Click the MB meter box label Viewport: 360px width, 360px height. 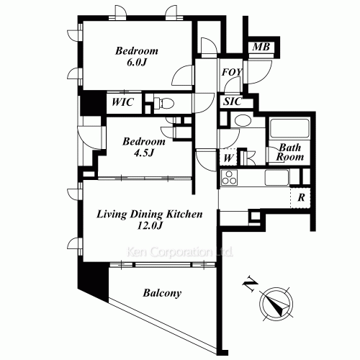(x=261, y=47)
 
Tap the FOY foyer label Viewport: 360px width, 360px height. (x=232, y=72)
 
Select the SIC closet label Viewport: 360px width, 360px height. (x=233, y=102)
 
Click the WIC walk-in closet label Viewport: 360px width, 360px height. (x=123, y=102)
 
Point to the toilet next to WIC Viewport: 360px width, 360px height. (x=163, y=104)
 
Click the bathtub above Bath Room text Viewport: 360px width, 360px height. (x=289, y=128)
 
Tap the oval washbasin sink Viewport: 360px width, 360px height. (x=243, y=120)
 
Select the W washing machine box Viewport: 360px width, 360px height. (x=228, y=158)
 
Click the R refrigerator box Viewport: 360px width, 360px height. (x=301, y=197)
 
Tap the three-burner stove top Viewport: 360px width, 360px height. (x=229, y=178)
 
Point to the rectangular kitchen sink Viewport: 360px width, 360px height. (x=276, y=178)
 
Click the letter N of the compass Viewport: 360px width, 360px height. (x=251, y=285)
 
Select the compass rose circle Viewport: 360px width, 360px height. (x=276, y=304)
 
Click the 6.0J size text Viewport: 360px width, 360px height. (x=137, y=63)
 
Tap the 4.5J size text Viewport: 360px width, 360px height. (x=144, y=153)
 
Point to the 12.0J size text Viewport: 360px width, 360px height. (x=150, y=225)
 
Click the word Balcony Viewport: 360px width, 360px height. (x=162, y=293)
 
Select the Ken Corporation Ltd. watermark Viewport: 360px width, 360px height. (x=180, y=252)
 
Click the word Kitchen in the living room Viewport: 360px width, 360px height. (x=184, y=214)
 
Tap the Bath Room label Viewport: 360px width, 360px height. (x=290, y=153)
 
